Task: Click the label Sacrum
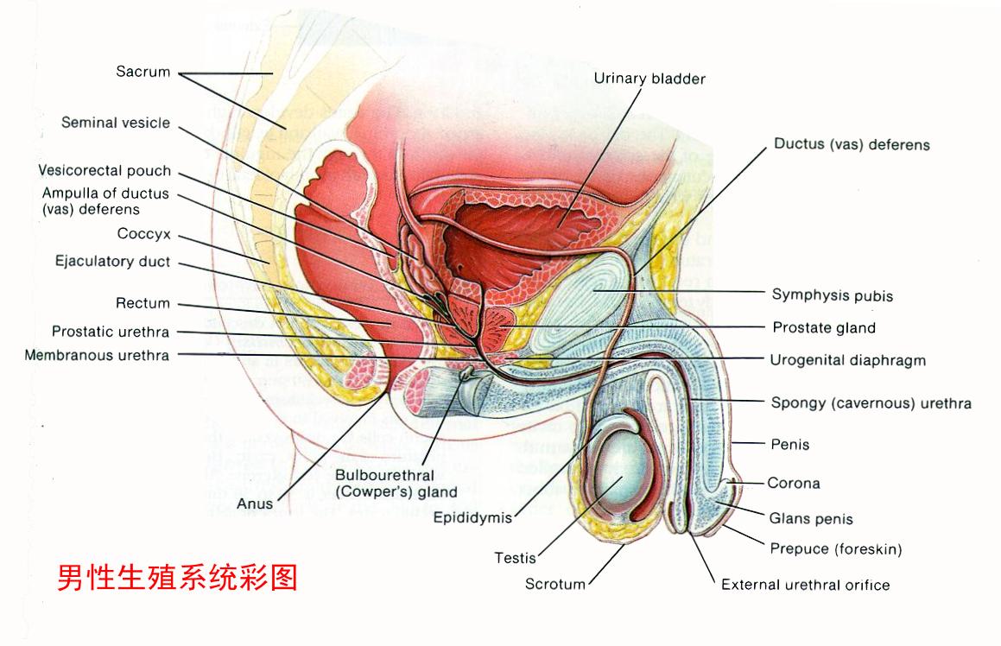pos(143,72)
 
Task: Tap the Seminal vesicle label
pos(116,123)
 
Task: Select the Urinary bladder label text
pos(649,79)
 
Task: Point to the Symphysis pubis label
pos(832,295)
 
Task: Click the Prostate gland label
pos(823,328)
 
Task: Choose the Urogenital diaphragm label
pos(847,360)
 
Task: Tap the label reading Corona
pos(794,483)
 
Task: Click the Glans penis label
pos(811,519)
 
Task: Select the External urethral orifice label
pos(805,585)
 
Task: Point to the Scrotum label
pos(555,585)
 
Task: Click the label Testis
pos(515,558)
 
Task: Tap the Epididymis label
pos(472,519)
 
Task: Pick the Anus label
pos(256,503)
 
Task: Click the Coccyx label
pos(143,233)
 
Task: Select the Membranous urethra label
pos(98,355)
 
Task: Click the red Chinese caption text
pos(178,577)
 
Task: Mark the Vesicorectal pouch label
pos(105,171)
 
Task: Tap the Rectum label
pos(143,303)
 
